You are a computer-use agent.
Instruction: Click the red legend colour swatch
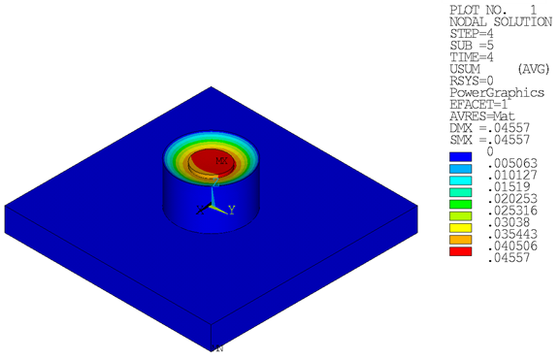pos(460,250)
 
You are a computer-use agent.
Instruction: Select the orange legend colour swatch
pos(460,238)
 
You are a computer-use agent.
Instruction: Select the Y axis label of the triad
pos(231,209)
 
